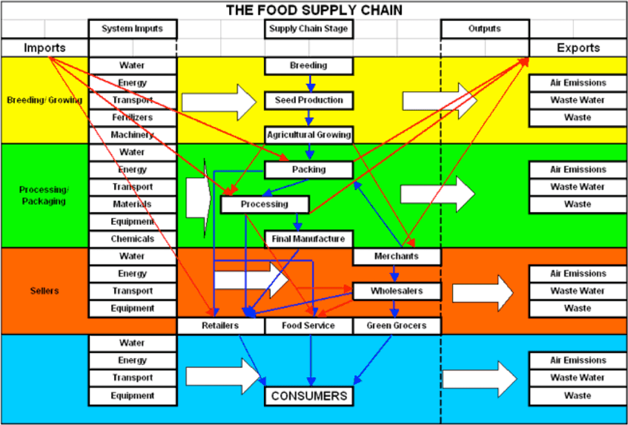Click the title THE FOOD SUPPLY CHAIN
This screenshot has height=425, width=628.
(x=314, y=10)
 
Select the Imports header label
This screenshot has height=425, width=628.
(x=44, y=48)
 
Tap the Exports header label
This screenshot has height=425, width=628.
(x=578, y=48)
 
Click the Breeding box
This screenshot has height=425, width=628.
(x=308, y=66)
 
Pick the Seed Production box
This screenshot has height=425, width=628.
(x=308, y=101)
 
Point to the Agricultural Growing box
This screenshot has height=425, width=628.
(x=308, y=135)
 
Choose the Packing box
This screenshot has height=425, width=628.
(x=308, y=170)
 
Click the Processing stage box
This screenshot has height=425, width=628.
(x=265, y=205)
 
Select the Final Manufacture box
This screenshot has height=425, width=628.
(x=308, y=239)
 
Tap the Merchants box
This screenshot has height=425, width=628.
(x=397, y=256)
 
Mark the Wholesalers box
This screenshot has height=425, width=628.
(x=397, y=291)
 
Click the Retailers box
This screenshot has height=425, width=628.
(x=220, y=325)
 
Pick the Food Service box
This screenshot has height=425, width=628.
(x=308, y=325)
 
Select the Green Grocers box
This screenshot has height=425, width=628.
(x=397, y=325)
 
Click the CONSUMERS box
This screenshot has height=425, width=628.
(x=308, y=396)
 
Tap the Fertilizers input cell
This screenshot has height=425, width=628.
(x=133, y=117)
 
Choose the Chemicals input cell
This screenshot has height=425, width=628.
(x=133, y=239)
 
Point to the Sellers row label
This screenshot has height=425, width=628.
(x=44, y=291)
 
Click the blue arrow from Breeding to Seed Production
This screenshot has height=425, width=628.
(x=308, y=83)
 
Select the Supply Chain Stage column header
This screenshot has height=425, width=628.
(x=308, y=29)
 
